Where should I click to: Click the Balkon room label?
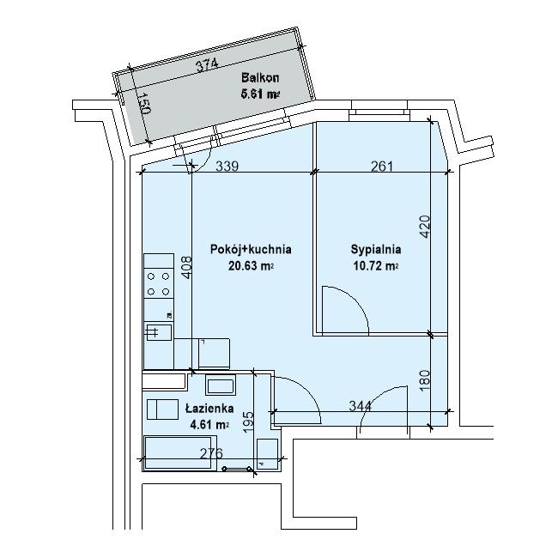[260, 77]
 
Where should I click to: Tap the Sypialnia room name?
[376, 250]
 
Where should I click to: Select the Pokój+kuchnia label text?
[251, 249]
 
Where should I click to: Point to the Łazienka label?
[209, 408]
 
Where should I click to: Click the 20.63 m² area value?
[251, 266]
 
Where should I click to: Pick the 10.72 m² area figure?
[376, 266]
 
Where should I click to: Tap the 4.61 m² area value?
[209, 425]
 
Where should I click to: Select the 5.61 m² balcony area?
[260, 94]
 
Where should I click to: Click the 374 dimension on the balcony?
[207, 66]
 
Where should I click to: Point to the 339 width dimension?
[227, 167]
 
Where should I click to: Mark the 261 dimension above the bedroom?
[382, 167]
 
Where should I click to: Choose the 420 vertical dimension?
[425, 227]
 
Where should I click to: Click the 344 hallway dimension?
[360, 406]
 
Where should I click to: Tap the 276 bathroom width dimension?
[211, 453]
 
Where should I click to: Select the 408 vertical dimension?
[186, 268]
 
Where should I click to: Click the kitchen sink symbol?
[159, 332]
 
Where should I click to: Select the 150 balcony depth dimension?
[144, 103]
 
